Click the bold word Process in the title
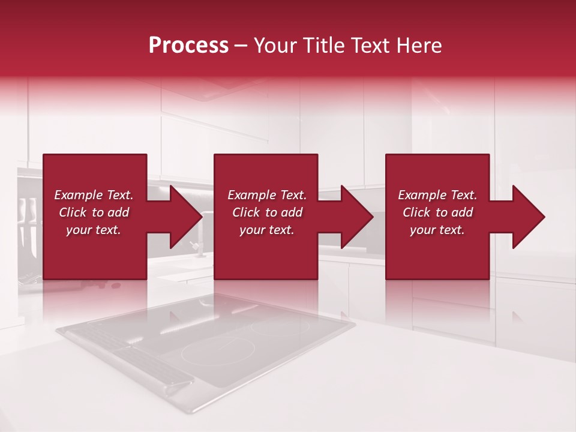(188, 45)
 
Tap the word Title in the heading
(323, 45)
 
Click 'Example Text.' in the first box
(94, 195)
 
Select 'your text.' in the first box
(94, 230)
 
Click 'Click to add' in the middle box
(267, 212)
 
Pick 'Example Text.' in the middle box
(267, 195)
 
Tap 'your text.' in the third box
(437, 230)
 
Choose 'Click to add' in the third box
(437, 212)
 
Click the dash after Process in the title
(241, 46)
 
